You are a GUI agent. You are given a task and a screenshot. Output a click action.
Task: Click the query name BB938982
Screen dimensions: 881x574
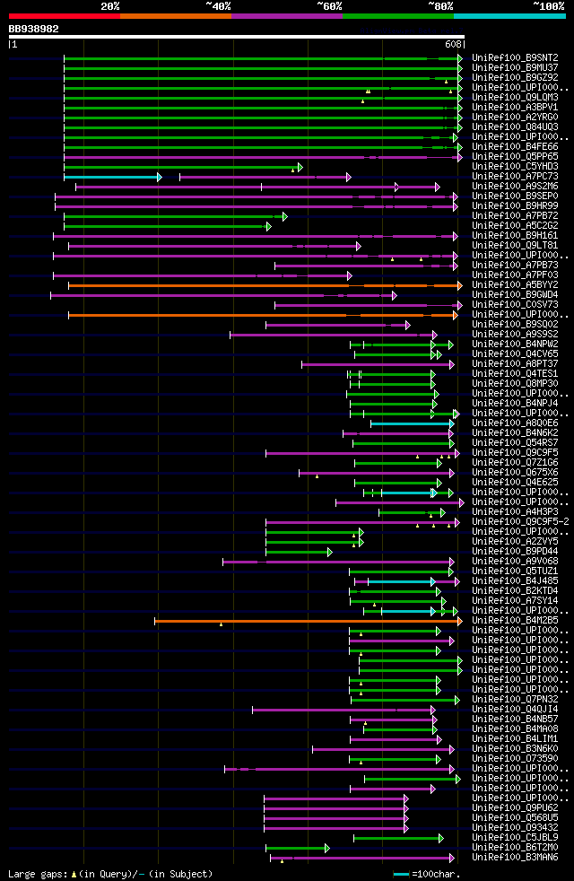click(34, 29)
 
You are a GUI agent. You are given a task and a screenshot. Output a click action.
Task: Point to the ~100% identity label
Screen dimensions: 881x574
click(548, 5)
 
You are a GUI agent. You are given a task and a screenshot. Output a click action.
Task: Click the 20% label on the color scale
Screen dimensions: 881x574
click(110, 5)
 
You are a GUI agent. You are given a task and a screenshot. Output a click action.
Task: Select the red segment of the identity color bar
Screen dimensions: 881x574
click(64, 16)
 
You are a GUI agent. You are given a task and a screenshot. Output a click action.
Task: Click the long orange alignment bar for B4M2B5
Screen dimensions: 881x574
click(305, 620)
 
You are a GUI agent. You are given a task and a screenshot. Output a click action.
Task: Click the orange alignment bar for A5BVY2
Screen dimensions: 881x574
click(260, 285)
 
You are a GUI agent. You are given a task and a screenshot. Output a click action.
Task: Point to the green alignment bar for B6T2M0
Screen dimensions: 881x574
click(296, 847)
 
